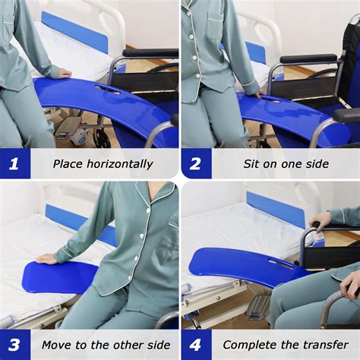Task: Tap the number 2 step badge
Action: click(196, 163)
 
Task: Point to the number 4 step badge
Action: click(196, 344)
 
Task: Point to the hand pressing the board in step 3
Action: click(46, 258)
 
